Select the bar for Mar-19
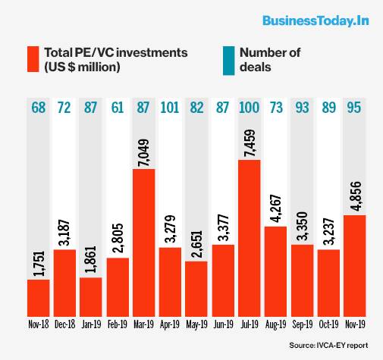pos(144,242)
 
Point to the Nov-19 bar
pos(355,265)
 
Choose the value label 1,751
pos(38,257)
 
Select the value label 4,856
pos(355,193)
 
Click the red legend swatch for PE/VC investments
pos(33,60)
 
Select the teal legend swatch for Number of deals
pos(227,60)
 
